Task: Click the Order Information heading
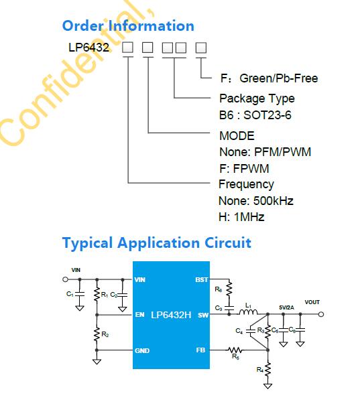[128, 25]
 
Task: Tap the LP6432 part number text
[88, 48]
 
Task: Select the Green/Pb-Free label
[278, 78]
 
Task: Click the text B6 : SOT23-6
[255, 115]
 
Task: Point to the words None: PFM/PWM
[265, 152]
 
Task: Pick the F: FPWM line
[244, 169]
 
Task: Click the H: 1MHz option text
[241, 216]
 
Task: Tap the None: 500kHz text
[256, 201]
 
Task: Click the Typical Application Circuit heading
[157, 243]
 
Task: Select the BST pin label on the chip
[202, 279]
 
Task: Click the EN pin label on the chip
[139, 314]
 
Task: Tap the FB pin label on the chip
[200, 350]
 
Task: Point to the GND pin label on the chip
[142, 350]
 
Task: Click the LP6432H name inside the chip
[171, 315]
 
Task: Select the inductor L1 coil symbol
[248, 311]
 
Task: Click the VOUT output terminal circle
[321, 314]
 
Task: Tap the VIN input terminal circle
[65, 279]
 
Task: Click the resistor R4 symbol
[267, 370]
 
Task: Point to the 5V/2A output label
[286, 307]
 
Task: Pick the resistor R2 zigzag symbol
[97, 334]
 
